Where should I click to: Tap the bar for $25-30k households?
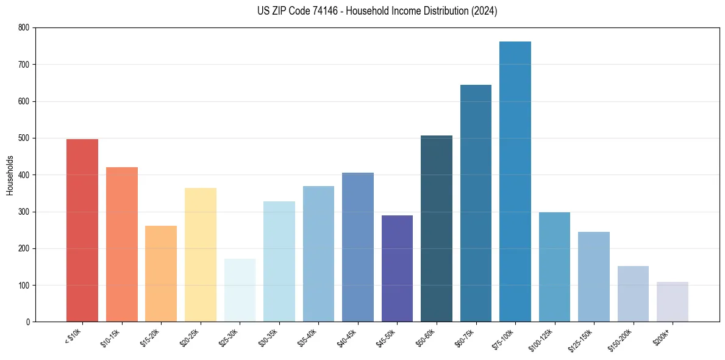240,290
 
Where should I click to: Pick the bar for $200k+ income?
672,302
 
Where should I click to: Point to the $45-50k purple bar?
397,268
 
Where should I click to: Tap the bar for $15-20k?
161,274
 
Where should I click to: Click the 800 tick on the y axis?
23,27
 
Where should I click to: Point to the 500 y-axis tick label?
23,138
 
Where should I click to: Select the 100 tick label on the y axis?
23,286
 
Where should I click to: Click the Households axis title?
10,175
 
